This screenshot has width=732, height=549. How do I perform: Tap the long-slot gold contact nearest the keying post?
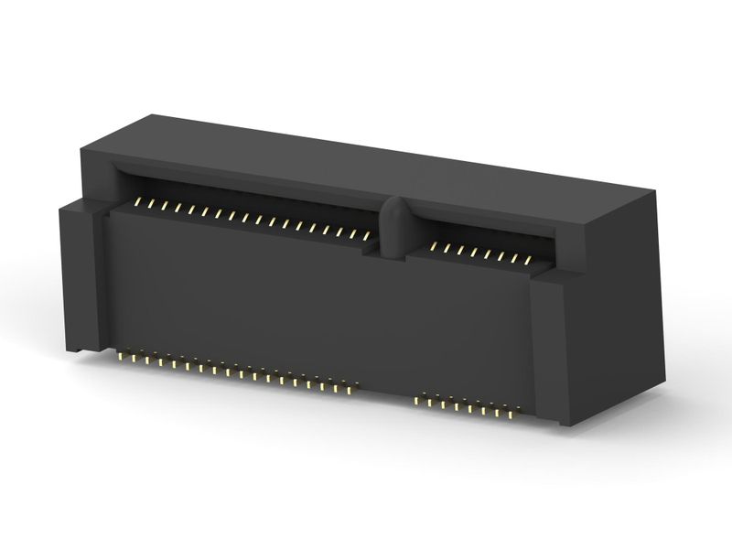(366, 236)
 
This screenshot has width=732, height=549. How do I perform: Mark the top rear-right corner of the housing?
(655, 191)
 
